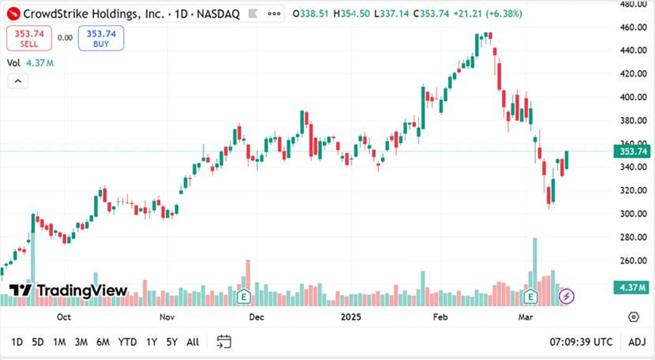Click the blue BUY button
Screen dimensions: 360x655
point(101,38)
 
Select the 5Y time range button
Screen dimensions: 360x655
point(172,342)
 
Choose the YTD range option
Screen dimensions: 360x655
point(128,342)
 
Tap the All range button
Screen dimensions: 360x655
point(193,342)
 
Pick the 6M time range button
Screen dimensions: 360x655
point(102,342)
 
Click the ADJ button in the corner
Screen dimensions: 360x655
point(637,342)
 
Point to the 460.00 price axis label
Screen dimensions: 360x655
point(632,27)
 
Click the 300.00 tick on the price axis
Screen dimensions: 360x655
point(632,214)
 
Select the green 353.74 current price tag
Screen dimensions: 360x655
point(633,152)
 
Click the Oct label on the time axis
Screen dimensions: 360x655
point(64,317)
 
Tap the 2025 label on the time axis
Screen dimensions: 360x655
point(351,317)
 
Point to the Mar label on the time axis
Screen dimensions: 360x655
point(525,317)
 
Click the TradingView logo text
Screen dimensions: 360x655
point(82,290)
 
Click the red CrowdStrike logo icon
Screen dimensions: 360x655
point(13,14)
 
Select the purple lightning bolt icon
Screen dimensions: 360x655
point(566,296)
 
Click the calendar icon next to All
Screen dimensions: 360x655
point(224,341)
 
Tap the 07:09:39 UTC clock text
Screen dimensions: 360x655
point(581,342)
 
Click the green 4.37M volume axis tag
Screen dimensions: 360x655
point(634,288)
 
